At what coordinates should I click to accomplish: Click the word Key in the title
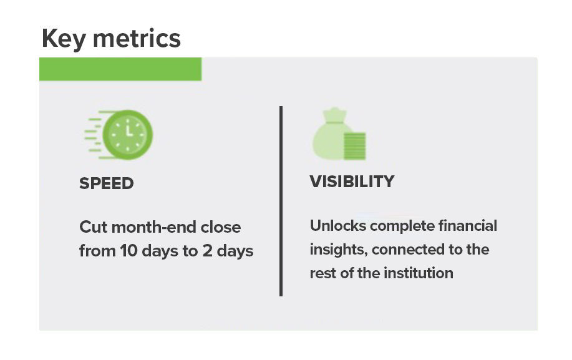[64, 39]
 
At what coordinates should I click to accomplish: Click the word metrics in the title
[137, 39]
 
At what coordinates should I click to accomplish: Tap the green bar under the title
[120, 69]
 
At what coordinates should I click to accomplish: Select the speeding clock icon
[119, 135]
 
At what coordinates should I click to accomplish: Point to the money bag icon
[339, 134]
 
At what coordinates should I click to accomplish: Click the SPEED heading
[107, 183]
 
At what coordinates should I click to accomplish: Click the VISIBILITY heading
[352, 182]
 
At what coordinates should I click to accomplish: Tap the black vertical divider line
[281, 201]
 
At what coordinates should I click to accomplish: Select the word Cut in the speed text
[93, 227]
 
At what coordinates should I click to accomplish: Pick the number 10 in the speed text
[128, 251]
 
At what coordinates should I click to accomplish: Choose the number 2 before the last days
[207, 251]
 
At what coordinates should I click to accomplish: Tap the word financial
[468, 226]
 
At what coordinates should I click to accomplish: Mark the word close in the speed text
[221, 227]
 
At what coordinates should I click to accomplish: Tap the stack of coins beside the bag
[354, 146]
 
